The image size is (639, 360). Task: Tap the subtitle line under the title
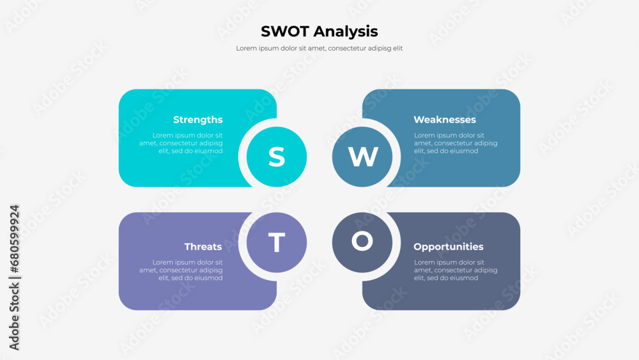(x=319, y=48)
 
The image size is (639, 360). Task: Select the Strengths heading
(x=197, y=120)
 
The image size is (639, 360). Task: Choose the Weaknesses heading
(x=445, y=120)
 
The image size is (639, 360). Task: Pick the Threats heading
(x=203, y=247)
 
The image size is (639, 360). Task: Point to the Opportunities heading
(x=449, y=247)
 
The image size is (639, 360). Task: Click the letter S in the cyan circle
(x=277, y=157)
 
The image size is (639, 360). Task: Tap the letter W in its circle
(x=363, y=157)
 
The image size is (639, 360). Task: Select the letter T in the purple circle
(x=277, y=242)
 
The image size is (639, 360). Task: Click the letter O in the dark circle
(x=362, y=241)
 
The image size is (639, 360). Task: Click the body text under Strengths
(x=181, y=143)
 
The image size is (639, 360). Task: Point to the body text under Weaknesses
(x=456, y=143)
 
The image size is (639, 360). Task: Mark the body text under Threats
(x=181, y=270)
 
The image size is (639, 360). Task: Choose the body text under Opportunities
(x=456, y=270)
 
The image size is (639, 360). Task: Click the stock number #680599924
(x=14, y=239)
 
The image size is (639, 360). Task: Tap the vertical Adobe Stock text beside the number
(x=14, y=316)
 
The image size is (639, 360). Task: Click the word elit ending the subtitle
(x=397, y=48)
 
